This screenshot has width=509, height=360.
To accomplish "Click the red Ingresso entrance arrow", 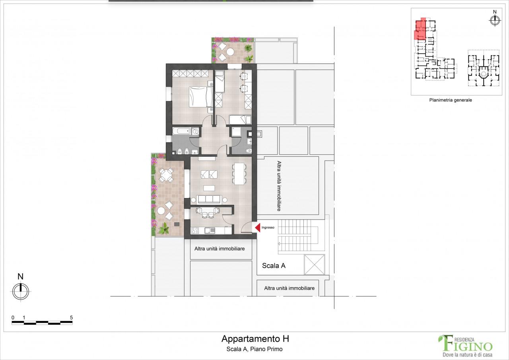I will [x=257, y=228].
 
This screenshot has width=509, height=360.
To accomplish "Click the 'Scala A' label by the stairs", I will [x=274, y=266].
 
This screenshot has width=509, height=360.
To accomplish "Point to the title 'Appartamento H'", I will [x=255, y=339].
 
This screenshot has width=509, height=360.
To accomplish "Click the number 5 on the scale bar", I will [x=71, y=317].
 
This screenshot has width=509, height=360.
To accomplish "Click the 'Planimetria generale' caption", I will [x=450, y=100].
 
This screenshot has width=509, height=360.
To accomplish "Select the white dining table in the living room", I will [x=239, y=174].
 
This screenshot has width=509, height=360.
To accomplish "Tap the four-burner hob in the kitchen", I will [x=195, y=230].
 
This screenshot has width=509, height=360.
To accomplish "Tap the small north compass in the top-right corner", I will [x=495, y=21].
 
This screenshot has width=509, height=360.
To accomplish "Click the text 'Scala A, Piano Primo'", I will [x=255, y=349].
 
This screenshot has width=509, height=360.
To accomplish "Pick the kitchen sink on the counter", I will [x=209, y=230].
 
